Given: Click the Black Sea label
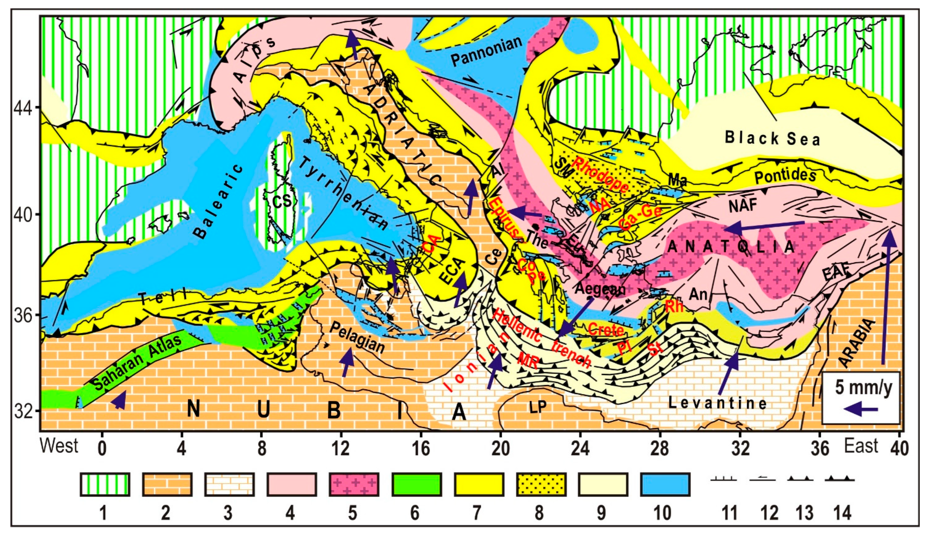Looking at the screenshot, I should click(772, 139).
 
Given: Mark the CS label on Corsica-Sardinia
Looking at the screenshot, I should click(282, 201).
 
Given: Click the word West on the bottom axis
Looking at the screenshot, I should click(59, 446).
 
